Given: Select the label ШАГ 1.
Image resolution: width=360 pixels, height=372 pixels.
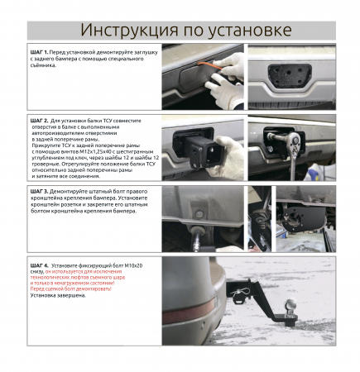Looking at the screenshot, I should point(41,51).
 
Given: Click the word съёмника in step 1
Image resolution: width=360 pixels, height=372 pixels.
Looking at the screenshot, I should point(50,74).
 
